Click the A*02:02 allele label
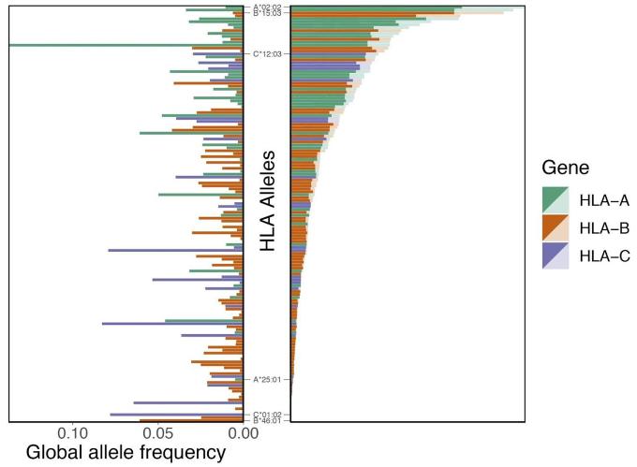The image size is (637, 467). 267,7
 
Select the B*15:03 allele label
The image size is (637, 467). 267,14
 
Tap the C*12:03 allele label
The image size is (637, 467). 267,53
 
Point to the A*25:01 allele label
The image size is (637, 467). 267,380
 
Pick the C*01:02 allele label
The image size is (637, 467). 267,414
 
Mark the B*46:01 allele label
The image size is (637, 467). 267,421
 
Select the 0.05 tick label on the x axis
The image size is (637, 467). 158,434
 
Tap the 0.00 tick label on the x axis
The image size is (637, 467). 243,434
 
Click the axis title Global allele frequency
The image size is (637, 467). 126,454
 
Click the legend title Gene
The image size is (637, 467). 564,168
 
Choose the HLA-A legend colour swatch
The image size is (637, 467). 556,199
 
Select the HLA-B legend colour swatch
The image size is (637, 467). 556,227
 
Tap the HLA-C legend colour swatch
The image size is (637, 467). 556,255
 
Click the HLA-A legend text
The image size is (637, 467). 604,199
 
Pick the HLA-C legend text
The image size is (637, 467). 604,255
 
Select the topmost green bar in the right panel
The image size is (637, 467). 375,10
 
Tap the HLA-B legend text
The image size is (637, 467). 604,227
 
